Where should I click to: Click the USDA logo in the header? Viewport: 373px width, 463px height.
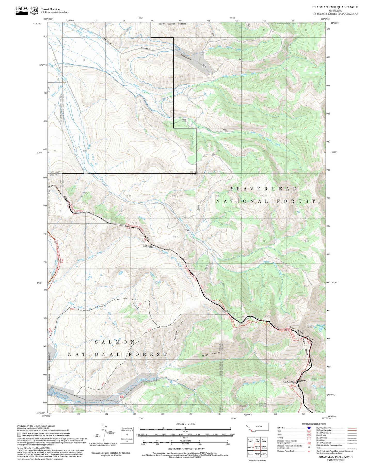click(x=21, y=10)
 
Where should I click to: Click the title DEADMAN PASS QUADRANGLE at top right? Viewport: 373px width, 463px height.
click(x=335, y=7)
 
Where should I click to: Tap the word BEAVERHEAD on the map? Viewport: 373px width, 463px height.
click(x=263, y=189)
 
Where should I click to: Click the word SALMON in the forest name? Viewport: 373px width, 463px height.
click(x=115, y=342)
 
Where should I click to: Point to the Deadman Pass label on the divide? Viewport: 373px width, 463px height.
click(x=148, y=246)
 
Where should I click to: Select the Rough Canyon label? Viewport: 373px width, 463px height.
click(x=211, y=354)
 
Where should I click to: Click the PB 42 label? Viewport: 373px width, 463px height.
click(x=86, y=193)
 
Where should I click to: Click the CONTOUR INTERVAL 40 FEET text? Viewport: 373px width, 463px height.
click(x=185, y=449)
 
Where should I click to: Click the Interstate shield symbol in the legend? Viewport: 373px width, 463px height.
click(x=309, y=428)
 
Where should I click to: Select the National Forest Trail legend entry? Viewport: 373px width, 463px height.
click(x=285, y=451)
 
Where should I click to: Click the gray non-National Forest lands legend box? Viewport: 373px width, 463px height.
click(x=19, y=434)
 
